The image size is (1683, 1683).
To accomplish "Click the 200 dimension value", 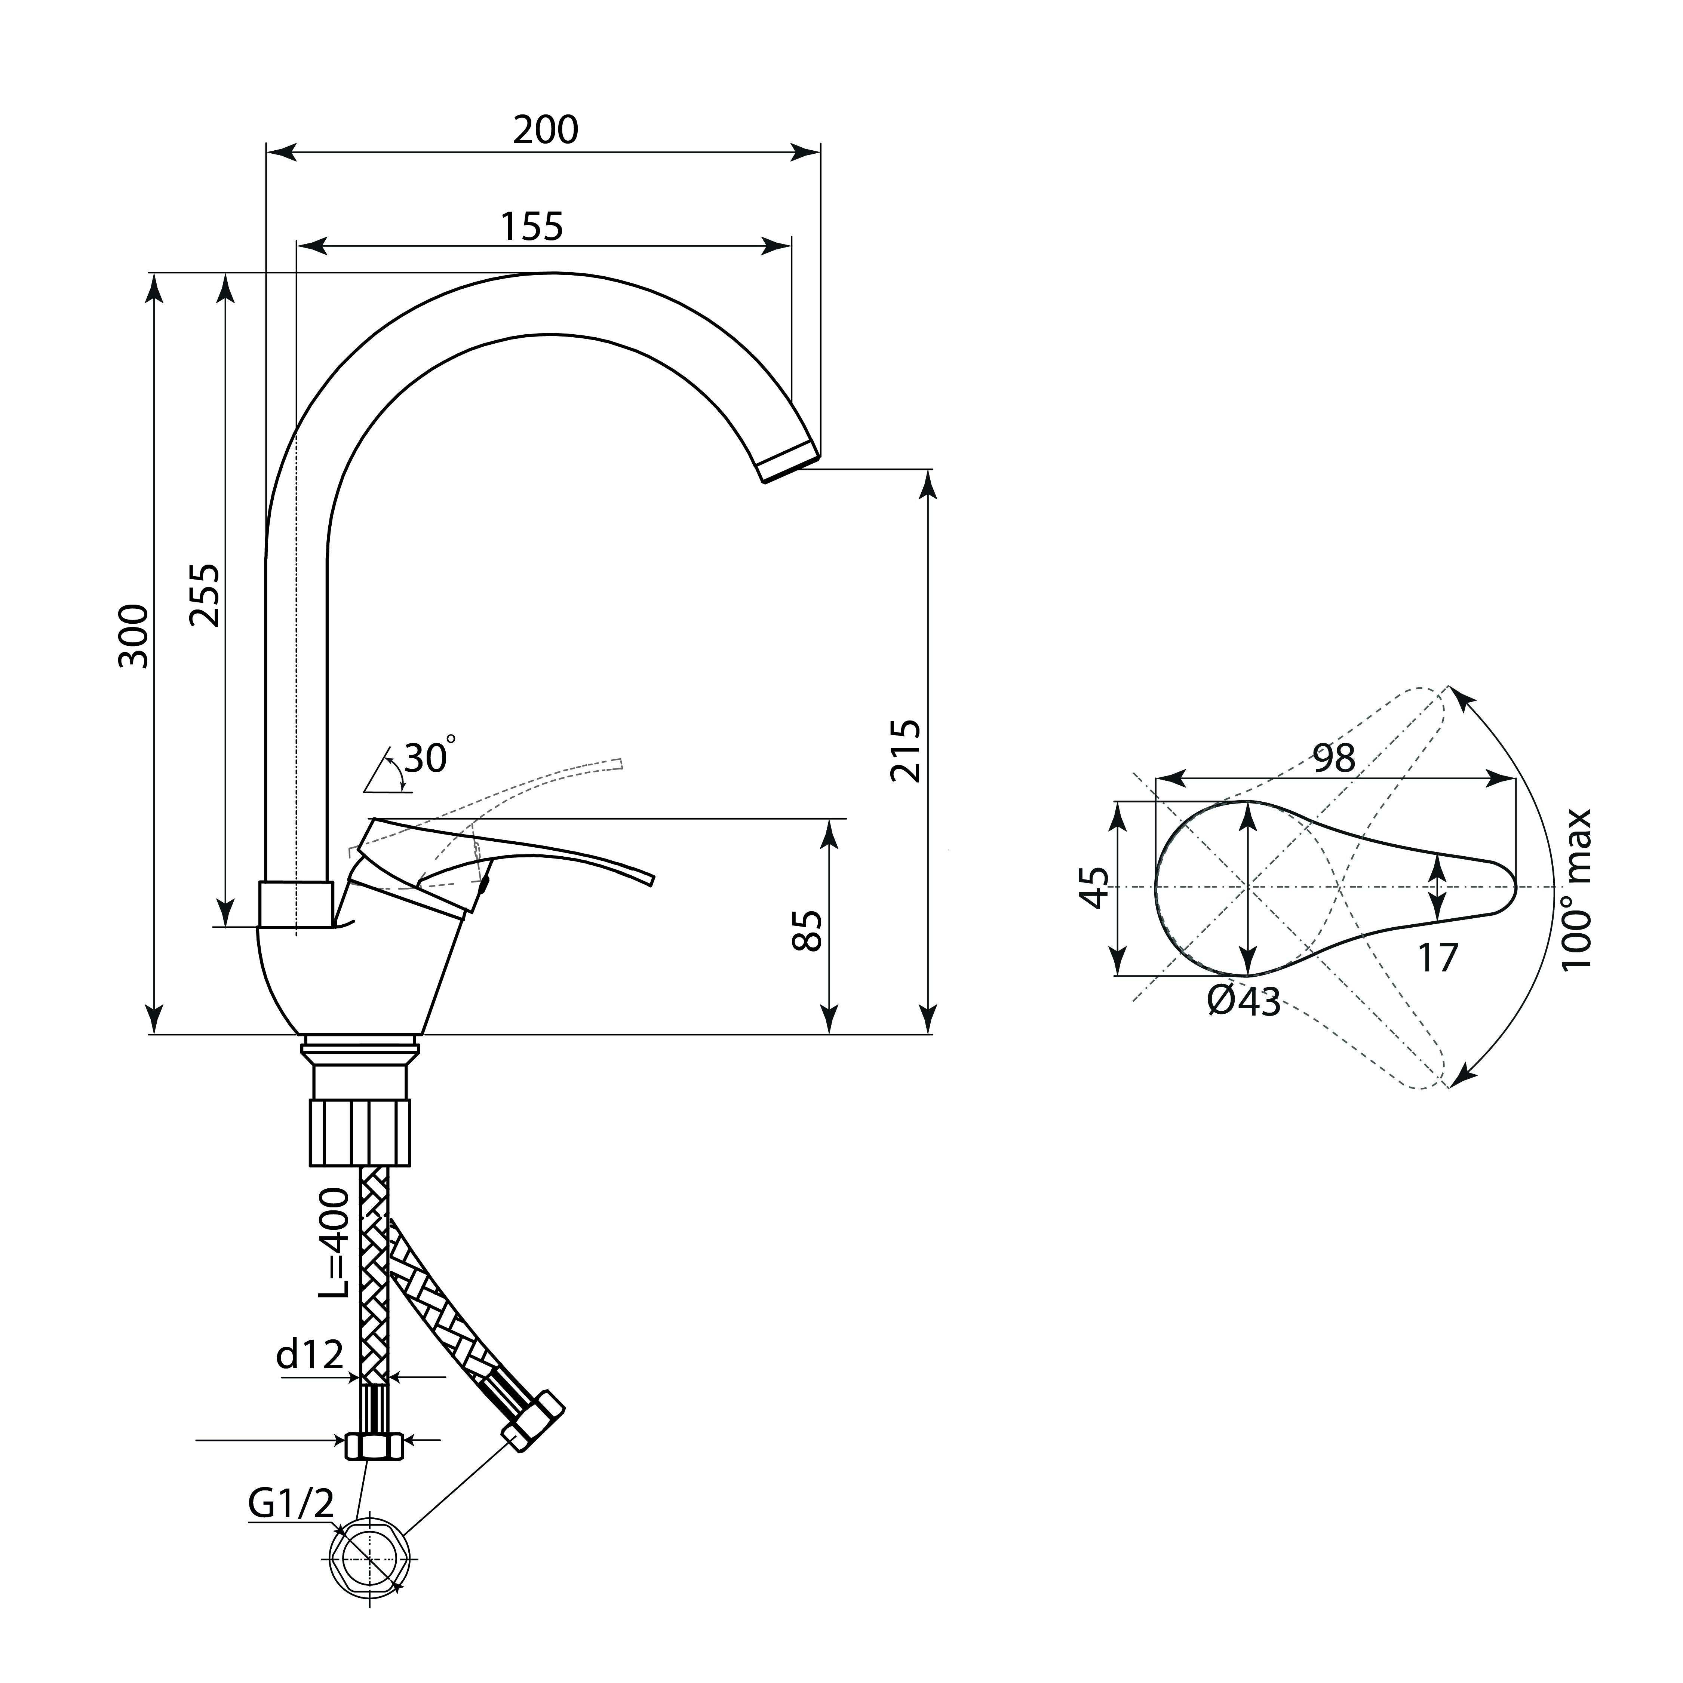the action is tap(545, 130).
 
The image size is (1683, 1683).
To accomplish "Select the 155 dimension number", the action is tap(532, 227).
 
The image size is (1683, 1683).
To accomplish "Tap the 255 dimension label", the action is tap(206, 596).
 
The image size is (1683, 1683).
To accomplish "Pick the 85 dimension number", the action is tap(809, 931).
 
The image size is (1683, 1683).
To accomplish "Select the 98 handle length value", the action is tap(1334, 758).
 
